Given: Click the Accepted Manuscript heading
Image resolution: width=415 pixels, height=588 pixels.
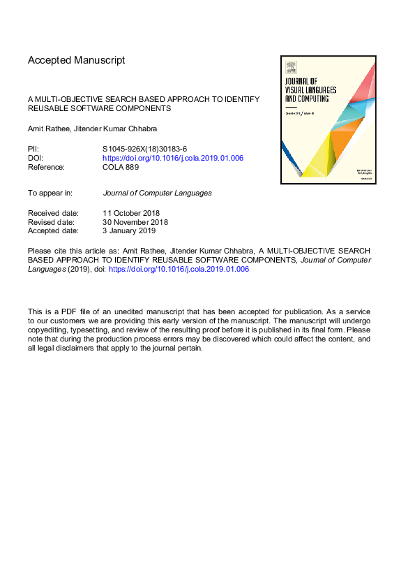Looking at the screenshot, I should pyautogui.click(x=77, y=60).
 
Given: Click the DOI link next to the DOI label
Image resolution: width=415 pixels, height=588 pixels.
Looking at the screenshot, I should pyautogui.click(x=173, y=158).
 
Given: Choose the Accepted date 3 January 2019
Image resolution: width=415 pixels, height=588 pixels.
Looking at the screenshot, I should pyautogui.click(x=129, y=230).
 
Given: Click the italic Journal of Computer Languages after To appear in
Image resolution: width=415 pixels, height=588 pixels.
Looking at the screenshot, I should pyautogui.click(x=157, y=192).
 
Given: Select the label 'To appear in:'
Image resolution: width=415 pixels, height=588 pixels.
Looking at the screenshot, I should pyautogui.click(x=50, y=192).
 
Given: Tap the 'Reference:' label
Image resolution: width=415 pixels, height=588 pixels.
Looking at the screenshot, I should pyautogui.click(x=46, y=167).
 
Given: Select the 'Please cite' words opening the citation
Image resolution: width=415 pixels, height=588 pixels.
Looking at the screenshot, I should pyautogui.click(x=44, y=250).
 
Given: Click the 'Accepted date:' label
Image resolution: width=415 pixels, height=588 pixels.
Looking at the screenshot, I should pyautogui.click(x=53, y=230).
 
